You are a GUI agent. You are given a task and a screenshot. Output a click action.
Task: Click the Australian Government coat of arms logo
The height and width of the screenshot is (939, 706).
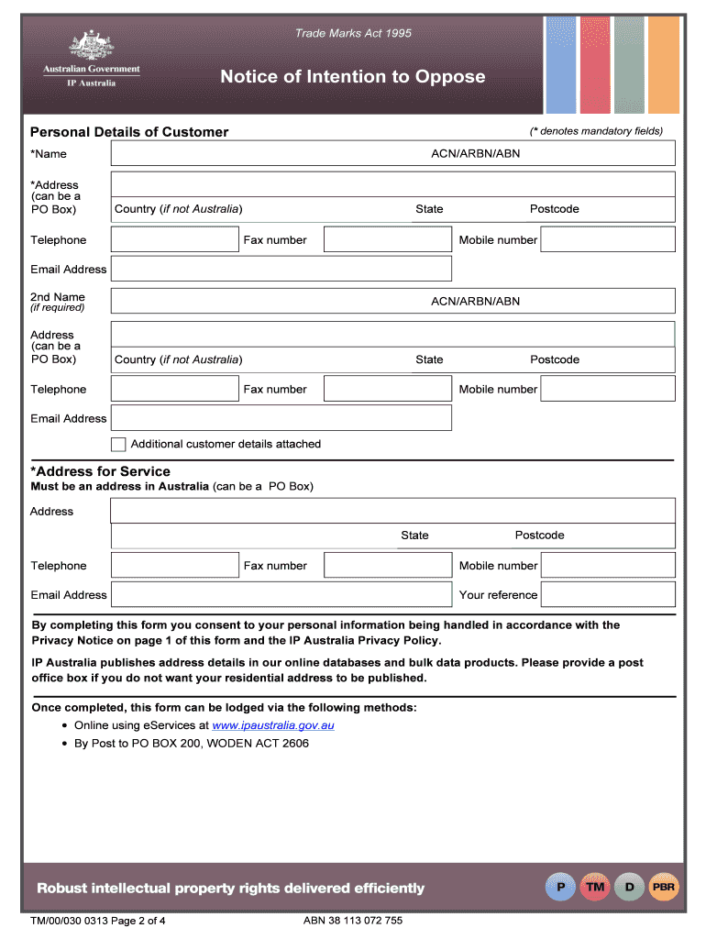[91, 46]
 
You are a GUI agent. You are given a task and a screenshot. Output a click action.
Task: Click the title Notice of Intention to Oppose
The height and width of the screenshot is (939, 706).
[352, 77]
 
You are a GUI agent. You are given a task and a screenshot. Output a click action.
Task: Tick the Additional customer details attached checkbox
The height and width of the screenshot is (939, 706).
[118, 444]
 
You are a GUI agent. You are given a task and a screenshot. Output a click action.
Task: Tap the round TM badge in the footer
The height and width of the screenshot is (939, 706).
[595, 887]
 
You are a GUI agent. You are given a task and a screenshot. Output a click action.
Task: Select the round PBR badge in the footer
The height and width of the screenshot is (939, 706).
[663, 887]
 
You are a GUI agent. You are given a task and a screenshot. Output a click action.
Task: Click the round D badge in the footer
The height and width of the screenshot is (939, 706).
[629, 887]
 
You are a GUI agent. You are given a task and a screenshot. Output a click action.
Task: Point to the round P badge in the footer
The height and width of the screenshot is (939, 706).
[560, 887]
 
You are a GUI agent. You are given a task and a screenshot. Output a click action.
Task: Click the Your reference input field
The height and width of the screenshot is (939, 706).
[607, 594]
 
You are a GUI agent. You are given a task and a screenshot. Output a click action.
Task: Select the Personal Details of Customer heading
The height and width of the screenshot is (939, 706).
[129, 132]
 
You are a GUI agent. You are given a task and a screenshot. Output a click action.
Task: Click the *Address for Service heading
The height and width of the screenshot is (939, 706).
[100, 471]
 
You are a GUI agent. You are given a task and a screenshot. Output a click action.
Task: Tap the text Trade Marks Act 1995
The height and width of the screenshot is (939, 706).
[353, 34]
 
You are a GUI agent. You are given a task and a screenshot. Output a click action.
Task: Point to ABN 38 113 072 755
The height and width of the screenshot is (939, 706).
[353, 921]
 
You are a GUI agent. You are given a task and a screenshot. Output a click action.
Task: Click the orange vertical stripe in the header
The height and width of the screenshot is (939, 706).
[664, 64]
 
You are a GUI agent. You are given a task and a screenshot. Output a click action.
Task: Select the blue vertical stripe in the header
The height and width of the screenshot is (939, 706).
[561, 64]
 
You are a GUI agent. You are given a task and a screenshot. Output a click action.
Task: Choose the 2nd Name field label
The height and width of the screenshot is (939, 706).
[57, 297]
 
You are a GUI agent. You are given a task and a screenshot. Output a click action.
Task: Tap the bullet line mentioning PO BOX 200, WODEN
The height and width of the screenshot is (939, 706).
[192, 744]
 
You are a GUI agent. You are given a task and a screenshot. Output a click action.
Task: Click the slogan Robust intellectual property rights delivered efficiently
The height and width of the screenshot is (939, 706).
[230, 888]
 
